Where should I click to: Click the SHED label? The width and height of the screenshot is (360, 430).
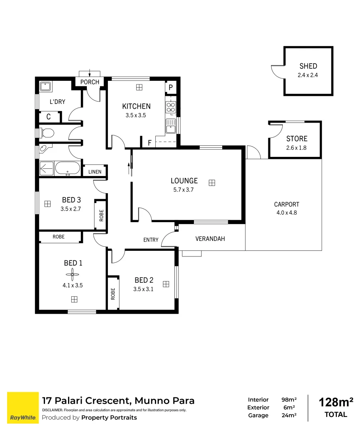308,66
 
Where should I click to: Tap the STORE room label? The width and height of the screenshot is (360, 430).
297,139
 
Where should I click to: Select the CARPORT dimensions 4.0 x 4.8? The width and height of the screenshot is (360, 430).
286,213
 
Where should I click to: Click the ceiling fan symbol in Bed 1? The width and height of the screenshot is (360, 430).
73,274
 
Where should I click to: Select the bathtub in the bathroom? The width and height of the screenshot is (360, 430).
68,168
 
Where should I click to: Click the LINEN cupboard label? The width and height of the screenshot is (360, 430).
95,172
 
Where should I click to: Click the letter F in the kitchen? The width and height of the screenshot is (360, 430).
150,142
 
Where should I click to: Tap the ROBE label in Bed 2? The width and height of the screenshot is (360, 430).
113,294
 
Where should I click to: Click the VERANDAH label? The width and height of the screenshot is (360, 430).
210,239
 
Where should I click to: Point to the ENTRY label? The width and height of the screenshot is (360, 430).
151,240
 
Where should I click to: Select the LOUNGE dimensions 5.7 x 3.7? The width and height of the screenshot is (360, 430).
184,190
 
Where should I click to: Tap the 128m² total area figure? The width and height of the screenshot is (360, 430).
336,402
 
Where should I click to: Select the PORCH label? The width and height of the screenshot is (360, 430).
90,82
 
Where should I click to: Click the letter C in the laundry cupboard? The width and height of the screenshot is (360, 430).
48,117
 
